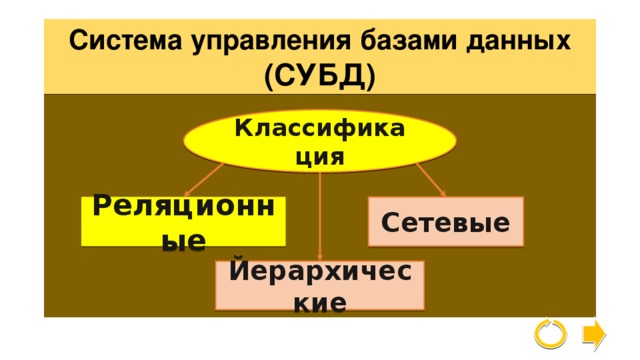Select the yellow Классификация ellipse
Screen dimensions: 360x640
tap(320, 141)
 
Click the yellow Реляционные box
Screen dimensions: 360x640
tap(185, 222)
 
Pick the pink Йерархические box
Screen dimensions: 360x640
tap(320, 285)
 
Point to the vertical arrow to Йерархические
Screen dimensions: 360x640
tap(320, 215)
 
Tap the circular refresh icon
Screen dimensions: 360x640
tap(550, 333)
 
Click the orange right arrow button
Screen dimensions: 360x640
tap(593, 333)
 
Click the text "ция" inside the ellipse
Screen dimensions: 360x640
tap(320, 157)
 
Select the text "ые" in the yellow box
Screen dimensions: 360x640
tap(185, 240)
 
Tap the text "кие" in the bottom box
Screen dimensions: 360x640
tap(320, 301)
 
